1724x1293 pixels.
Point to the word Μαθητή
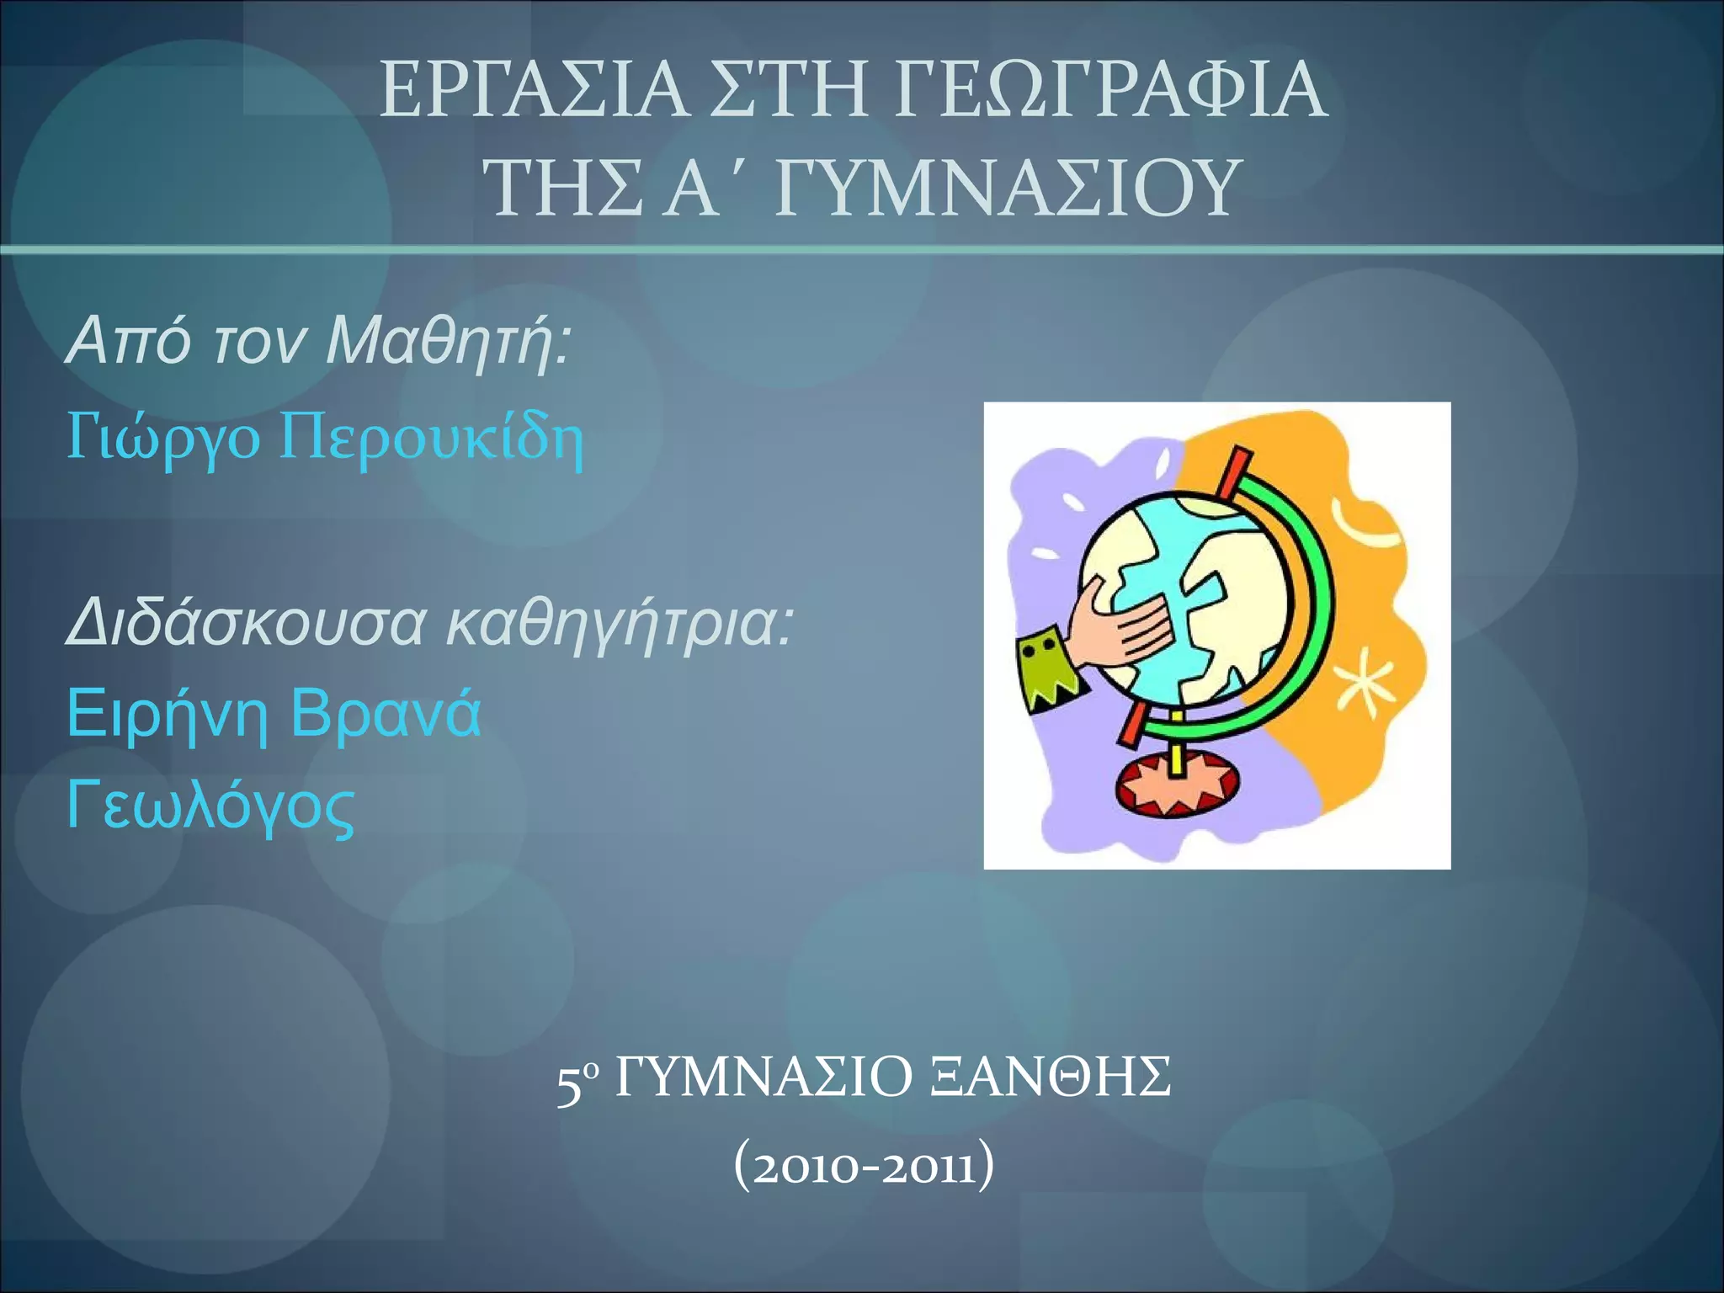pyautogui.click(x=446, y=341)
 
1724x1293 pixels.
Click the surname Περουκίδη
pyautogui.click(x=431, y=439)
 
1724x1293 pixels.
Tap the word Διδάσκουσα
pyautogui.click(x=245, y=624)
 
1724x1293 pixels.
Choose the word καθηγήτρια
pyautogui.click(x=619, y=624)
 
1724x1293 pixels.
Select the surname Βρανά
pyautogui.click(x=386, y=714)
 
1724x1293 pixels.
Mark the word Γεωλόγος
pyautogui.click(x=210, y=806)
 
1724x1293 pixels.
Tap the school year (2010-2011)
pyautogui.click(x=864, y=1168)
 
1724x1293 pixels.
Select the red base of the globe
pyautogui.click(x=1176, y=786)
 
